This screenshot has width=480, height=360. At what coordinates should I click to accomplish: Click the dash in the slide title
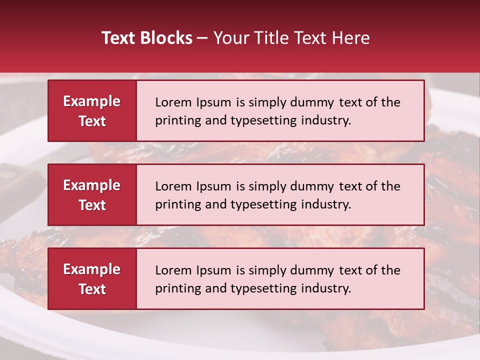click(202, 38)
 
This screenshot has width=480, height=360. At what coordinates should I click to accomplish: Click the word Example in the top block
click(92, 101)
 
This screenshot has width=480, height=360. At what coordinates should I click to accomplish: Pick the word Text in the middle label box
click(92, 205)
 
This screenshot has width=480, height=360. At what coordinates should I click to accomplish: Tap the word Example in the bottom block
click(92, 269)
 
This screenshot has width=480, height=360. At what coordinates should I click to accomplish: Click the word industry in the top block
click(326, 120)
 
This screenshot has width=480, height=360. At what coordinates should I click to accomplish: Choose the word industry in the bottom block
click(326, 288)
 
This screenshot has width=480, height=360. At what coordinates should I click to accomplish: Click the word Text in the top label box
click(92, 121)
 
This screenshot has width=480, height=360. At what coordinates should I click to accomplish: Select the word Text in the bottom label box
click(92, 289)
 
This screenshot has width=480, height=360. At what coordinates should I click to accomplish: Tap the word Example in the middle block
click(92, 185)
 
